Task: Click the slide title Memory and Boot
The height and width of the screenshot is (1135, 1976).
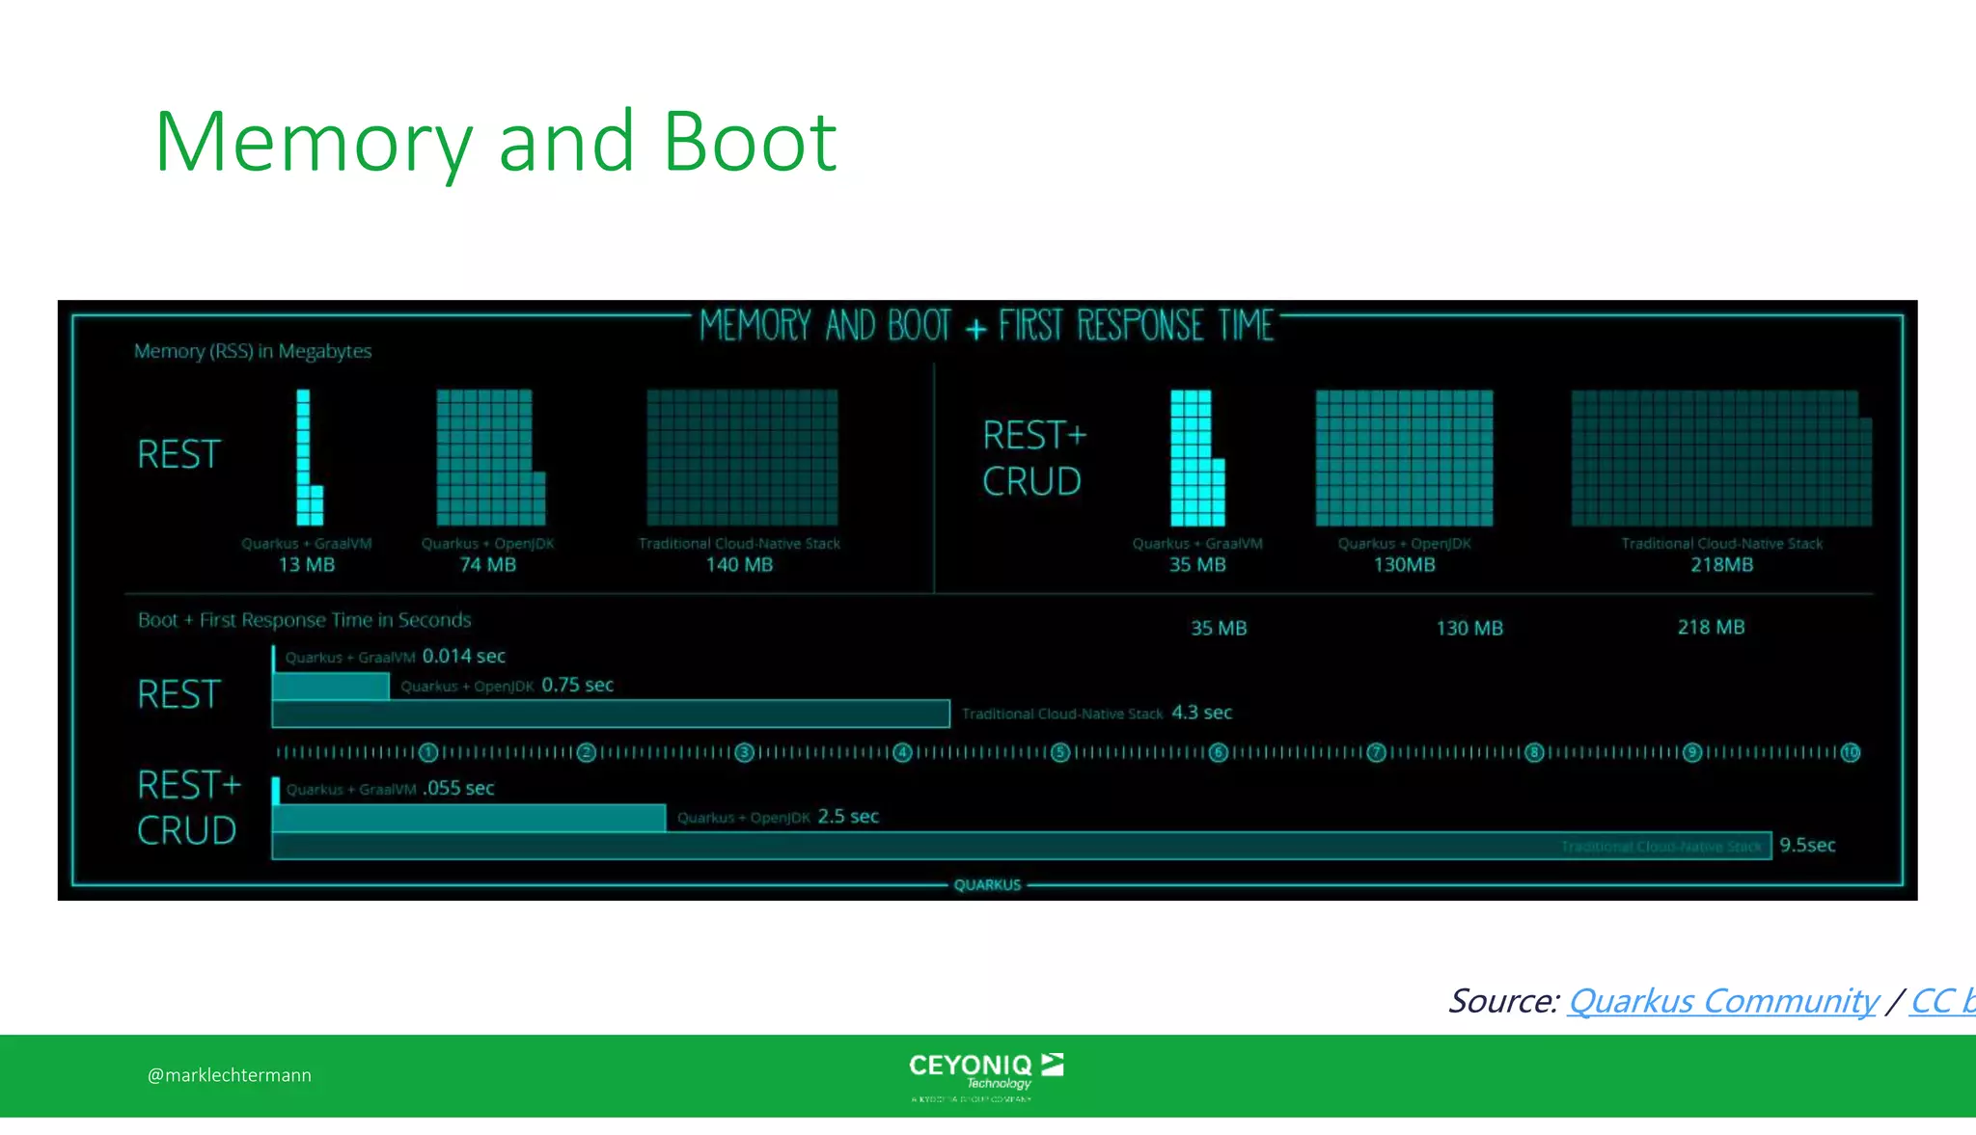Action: [x=495, y=142]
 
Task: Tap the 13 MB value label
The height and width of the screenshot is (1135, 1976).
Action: [x=306, y=565]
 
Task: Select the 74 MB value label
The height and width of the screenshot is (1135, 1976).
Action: [x=487, y=565]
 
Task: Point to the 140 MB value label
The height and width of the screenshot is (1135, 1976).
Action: [x=739, y=565]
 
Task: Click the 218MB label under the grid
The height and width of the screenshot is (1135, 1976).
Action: [x=1721, y=565]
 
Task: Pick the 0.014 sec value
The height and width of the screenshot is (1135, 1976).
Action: [x=463, y=657]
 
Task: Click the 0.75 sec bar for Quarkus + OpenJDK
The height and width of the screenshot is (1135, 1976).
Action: [x=331, y=686]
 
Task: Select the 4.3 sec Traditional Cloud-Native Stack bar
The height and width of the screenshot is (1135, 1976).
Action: [x=610, y=714]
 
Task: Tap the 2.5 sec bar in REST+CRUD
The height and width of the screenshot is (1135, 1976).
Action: [x=469, y=818]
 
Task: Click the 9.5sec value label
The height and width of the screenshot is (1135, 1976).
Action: [x=1807, y=846]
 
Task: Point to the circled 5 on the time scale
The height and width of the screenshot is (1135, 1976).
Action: [x=1060, y=752]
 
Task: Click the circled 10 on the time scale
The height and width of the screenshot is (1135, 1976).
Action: [x=1850, y=752]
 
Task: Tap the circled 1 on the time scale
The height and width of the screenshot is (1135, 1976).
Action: [x=429, y=752]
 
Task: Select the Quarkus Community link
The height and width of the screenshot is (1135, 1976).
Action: [x=1722, y=1001]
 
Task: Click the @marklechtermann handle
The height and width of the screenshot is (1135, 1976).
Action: [x=230, y=1075]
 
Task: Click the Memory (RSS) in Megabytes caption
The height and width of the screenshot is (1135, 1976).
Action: [x=253, y=351]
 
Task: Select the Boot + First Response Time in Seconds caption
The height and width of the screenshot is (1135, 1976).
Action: [x=304, y=620]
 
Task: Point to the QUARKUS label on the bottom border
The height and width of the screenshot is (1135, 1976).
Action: [x=987, y=885]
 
